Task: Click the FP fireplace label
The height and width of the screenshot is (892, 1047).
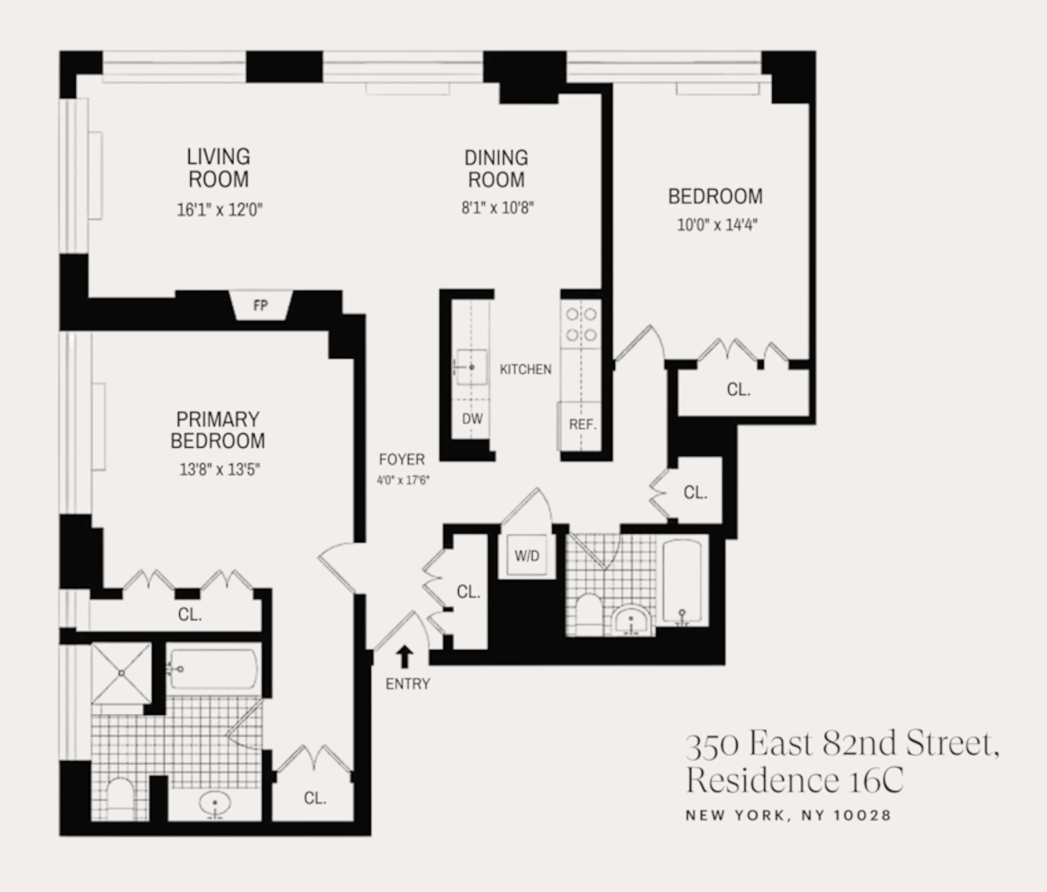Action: tap(260, 305)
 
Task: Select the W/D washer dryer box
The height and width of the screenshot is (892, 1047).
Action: tap(527, 556)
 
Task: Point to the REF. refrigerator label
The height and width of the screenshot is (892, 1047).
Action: tap(583, 425)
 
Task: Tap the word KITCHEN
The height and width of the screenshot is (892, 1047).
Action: tap(525, 369)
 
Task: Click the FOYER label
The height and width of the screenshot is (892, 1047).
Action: tap(402, 459)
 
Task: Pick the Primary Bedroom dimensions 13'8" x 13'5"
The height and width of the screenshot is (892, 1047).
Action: tap(219, 469)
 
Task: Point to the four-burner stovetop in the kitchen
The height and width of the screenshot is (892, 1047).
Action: tap(581, 325)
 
